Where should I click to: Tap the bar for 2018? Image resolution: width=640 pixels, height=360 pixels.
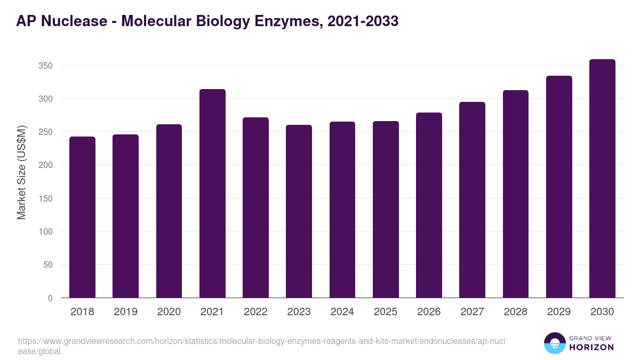click(x=82, y=217)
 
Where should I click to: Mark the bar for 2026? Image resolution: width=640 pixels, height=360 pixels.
click(x=429, y=205)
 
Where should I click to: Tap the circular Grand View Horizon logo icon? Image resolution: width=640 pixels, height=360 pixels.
click(x=555, y=343)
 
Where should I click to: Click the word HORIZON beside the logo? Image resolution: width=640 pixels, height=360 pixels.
click(x=592, y=347)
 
